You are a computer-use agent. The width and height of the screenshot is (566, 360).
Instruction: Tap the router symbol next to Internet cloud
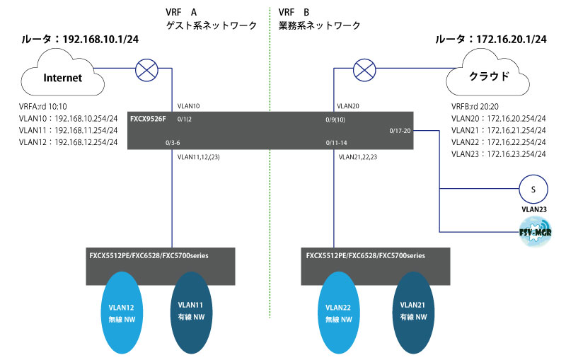(146, 69)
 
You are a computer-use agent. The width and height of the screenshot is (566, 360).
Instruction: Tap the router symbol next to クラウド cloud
(364, 69)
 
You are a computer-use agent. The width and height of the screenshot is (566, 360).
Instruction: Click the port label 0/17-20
(400, 131)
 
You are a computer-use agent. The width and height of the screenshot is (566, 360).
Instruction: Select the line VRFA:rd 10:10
(44, 106)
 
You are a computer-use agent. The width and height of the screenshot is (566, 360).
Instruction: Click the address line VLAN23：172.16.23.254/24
(496, 153)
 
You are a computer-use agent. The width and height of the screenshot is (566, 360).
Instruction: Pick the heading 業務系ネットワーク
(319, 25)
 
